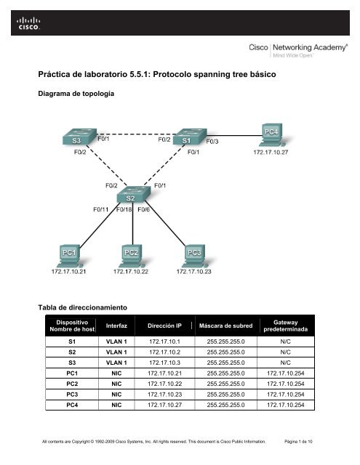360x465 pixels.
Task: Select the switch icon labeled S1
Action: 186,137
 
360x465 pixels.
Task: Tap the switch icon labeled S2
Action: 131,196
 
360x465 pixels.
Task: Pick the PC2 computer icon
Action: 131,254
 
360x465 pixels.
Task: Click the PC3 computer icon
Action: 194,254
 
